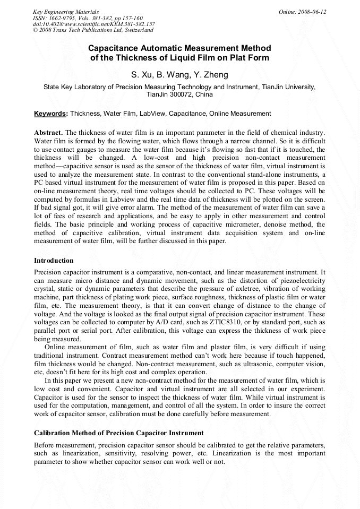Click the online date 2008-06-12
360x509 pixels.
(x=312, y=12)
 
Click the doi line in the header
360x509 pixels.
(x=94, y=24)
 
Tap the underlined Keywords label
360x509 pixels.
(x=51, y=114)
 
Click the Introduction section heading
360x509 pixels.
(x=54, y=261)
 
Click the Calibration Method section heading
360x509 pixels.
(x=118, y=433)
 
